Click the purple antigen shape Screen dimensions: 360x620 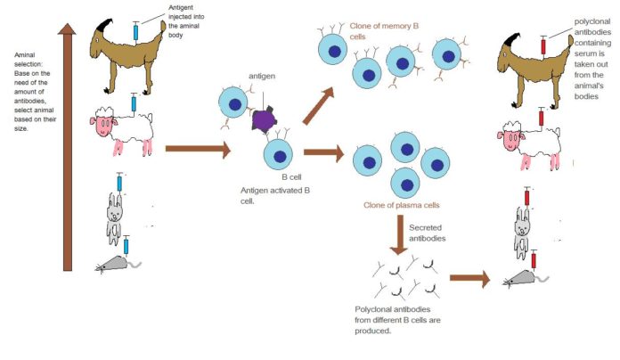click(265, 119)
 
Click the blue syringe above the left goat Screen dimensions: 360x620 click(135, 31)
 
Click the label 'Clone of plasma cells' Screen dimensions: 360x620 click(401, 205)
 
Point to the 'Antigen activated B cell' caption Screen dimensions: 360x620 click(267, 195)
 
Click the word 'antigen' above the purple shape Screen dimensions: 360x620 click(261, 77)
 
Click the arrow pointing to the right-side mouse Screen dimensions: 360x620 click(470, 279)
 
